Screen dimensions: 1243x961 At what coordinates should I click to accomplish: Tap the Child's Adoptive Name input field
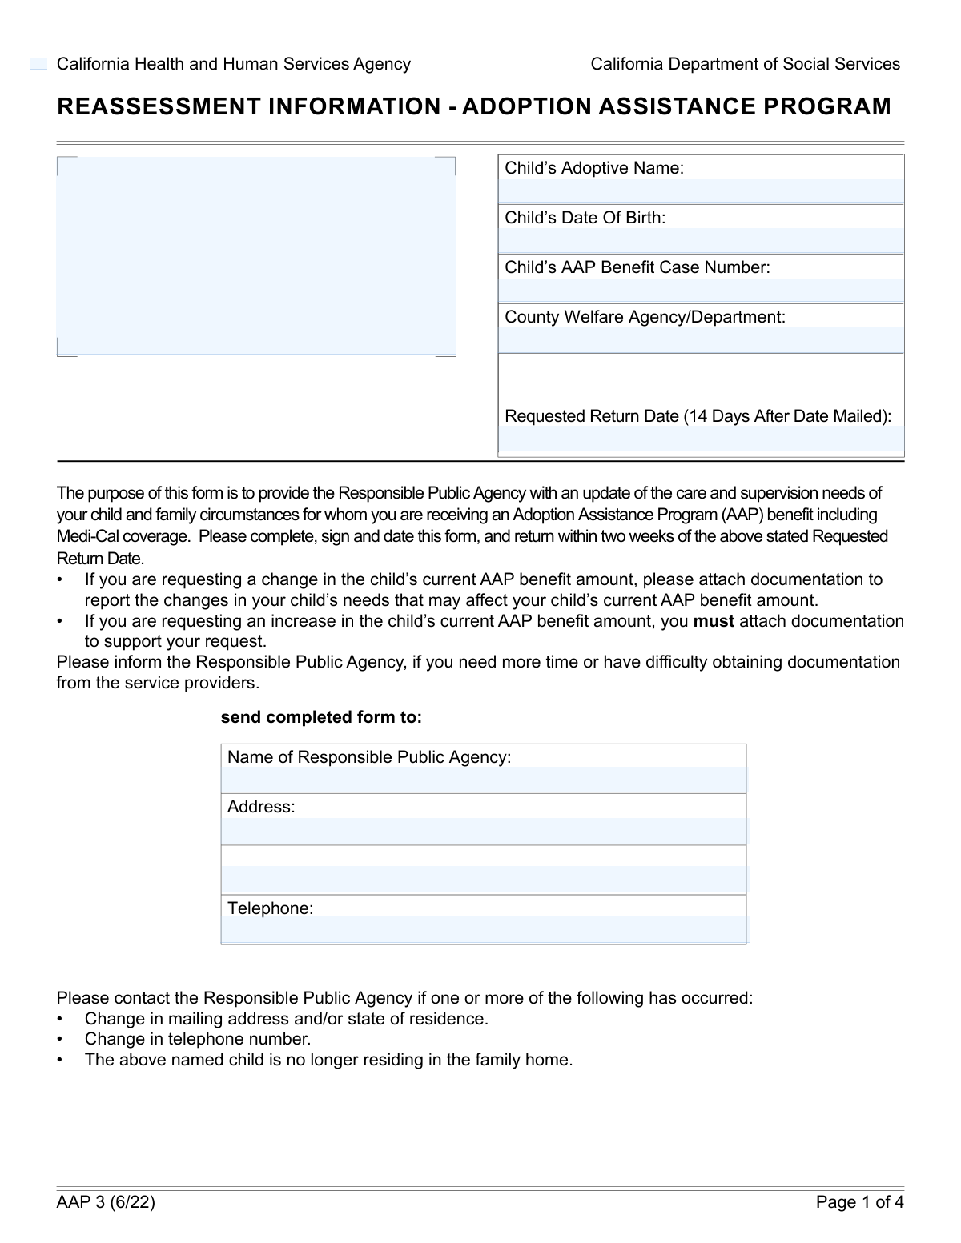click(701, 191)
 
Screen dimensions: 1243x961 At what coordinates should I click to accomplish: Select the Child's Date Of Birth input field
click(701, 240)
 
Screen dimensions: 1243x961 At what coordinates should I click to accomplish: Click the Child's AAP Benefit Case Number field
click(701, 290)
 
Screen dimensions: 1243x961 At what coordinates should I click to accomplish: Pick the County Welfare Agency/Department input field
click(701, 339)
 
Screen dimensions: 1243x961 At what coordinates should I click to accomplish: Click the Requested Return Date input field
click(701, 439)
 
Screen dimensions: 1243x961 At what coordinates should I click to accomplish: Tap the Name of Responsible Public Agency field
click(484, 780)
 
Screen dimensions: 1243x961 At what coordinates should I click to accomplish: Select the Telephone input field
click(484, 929)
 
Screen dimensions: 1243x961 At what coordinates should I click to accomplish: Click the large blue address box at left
click(256, 256)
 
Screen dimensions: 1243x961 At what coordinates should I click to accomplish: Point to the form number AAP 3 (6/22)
click(106, 1202)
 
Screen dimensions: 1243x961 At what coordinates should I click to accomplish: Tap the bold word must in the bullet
click(714, 621)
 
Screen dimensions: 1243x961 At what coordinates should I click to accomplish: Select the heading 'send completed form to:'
click(321, 717)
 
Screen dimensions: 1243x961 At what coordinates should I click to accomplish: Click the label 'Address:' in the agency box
click(261, 807)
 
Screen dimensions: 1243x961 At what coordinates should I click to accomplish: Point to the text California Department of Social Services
click(745, 64)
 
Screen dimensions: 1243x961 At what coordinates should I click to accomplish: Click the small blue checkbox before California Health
click(39, 64)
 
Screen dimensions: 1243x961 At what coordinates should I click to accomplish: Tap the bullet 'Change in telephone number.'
click(198, 1039)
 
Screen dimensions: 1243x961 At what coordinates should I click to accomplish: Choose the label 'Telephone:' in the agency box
click(270, 908)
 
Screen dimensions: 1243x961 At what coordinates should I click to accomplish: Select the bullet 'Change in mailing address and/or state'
click(286, 1019)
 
